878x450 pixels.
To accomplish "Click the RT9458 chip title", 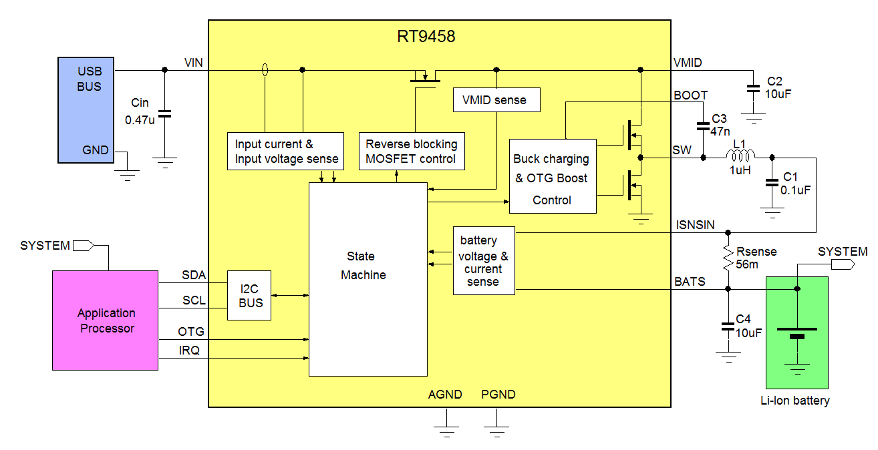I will tap(426, 37).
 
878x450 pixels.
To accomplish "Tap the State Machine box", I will tap(368, 279).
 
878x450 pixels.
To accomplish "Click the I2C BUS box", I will tap(249, 295).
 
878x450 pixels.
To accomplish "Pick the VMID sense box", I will tap(496, 100).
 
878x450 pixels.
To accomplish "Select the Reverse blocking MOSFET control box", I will tap(411, 152).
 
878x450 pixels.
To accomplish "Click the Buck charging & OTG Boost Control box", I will tap(553, 176).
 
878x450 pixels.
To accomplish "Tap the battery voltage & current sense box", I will tap(484, 260).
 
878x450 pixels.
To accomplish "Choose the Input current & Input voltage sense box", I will tap(285, 152).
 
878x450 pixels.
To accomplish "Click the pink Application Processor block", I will tap(106, 320).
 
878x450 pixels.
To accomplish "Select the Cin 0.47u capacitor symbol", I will tap(164, 114).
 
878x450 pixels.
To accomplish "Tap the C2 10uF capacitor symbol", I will tap(753, 87).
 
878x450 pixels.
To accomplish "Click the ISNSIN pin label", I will tap(695, 225).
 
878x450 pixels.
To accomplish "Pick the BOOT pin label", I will tap(690, 95).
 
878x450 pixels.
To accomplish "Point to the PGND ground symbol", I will tap(498, 425).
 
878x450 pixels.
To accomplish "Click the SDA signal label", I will tap(194, 275).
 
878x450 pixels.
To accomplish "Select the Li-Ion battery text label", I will tap(795, 401).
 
